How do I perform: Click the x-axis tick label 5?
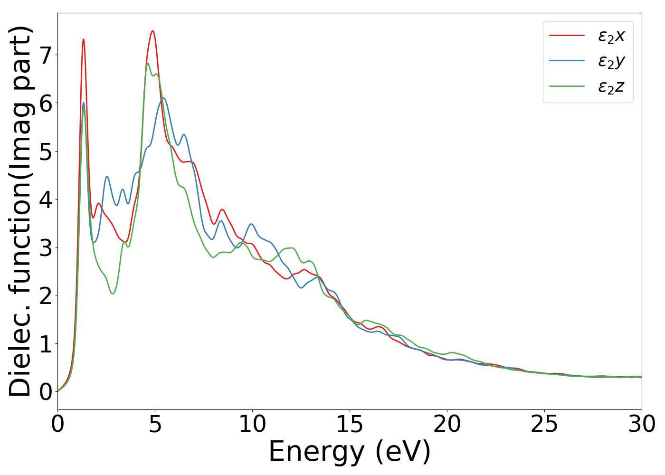tap(155, 424)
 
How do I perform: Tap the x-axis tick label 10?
tap(252, 424)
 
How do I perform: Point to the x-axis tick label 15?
tap(350, 424)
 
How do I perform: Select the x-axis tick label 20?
tap(447, 424)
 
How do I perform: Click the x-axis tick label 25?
tap(544, 424)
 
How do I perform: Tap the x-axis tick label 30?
tap(642, 424)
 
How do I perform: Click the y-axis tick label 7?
tap(46, 56)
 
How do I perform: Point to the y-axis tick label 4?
tap(46, 199)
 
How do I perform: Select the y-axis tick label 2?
tap(46, 296)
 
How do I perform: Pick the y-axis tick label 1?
tap(46, 344)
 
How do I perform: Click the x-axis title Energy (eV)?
tap(350, 451)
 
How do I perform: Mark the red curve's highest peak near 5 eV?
tap(152, 31)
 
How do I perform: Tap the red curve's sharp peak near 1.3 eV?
tap(83, 39)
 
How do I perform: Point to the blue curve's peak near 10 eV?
tap(251, 224)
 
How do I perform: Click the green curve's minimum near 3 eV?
tap(113, 294)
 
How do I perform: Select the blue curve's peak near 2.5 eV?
tap(107, 177)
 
